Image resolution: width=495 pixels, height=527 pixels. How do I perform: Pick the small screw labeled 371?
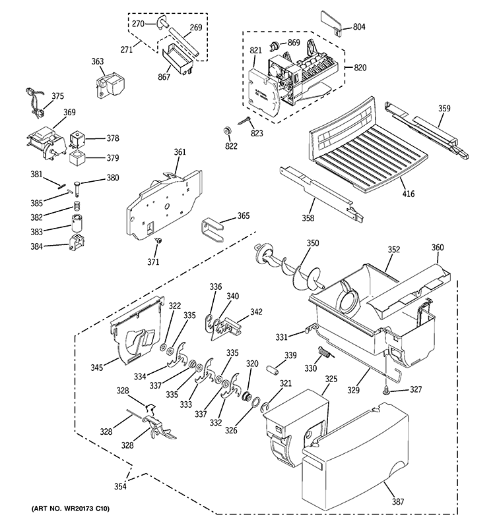[158, 242]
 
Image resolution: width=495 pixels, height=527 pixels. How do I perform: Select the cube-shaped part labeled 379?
[79, 157]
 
